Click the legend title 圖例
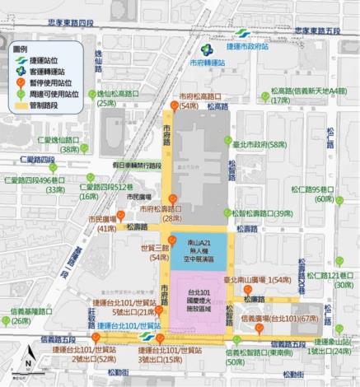point(26,48)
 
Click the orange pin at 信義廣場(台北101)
point(259,329)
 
